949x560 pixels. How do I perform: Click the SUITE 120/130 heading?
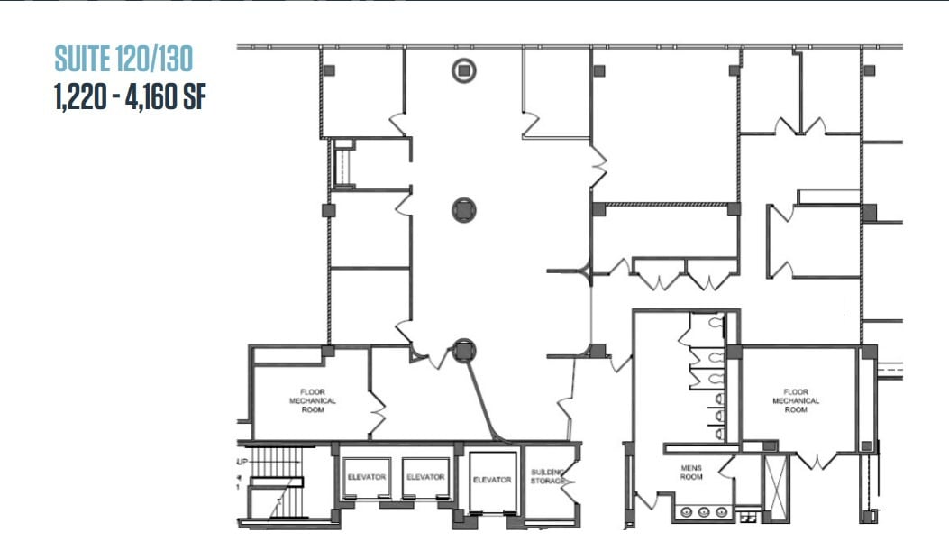point(123,60)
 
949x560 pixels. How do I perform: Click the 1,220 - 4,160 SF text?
point(130,96)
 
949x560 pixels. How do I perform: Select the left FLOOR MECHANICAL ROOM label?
point(312,400)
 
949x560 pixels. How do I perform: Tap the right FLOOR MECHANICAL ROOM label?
point(796,400)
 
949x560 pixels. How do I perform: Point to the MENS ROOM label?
point(691,472)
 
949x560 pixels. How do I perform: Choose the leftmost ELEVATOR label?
point(366,477)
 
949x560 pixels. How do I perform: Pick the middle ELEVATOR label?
point(424,477)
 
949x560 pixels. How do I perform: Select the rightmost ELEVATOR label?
point(492,480)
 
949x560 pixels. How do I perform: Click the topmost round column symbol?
point(464,69)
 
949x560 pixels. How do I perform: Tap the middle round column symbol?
point(464,210)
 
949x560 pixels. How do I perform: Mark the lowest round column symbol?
point(463,350)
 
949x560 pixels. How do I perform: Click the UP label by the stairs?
point(242,461)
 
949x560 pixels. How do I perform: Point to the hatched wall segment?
point(666,206)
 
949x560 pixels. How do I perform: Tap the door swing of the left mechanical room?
point(377,412)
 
